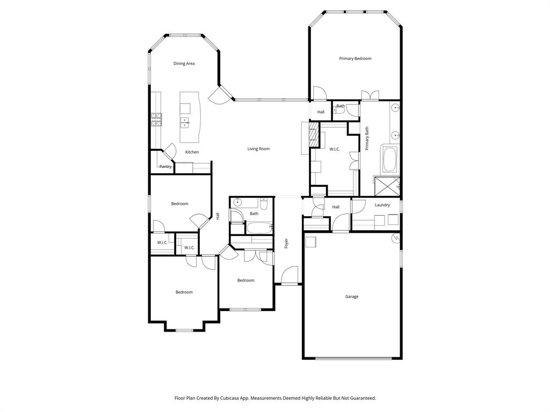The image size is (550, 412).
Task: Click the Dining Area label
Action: [x=184, y=63]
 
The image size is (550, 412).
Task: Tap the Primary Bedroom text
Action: [x=355, y=58]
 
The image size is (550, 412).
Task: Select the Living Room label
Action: [x=258, y=149]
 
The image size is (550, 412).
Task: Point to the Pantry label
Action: [x=165, y=166]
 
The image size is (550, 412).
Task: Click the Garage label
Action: [x=352, y=296]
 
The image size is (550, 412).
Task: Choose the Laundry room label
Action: [x=382, y=205]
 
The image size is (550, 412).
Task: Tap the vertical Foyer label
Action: [x=287, y=243]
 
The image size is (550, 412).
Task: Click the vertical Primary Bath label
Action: [x=367, y=138]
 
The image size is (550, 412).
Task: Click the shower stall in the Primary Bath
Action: [x=387, y=186]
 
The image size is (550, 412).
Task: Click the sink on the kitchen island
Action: [x=185, y=122]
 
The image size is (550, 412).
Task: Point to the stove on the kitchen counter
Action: [x=156, y=119]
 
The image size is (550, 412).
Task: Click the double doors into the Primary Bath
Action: [x=370, y=96]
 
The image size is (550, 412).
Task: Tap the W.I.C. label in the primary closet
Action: [x=334, y=149]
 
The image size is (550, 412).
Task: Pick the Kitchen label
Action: [x=192, y=152]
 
